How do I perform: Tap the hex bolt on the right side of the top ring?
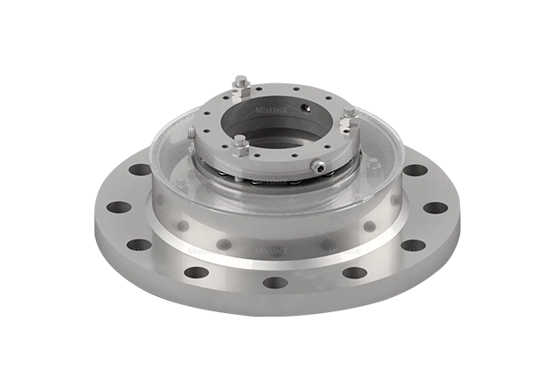[x=348, y=112]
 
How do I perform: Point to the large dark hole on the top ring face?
[x=305, y=107]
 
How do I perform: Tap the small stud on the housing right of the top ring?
[x=374, y=161]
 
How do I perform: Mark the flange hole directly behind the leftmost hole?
[x=139, y=169]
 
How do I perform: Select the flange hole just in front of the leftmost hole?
[x=139, y=245]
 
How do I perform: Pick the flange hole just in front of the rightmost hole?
[x=412, y=245]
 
